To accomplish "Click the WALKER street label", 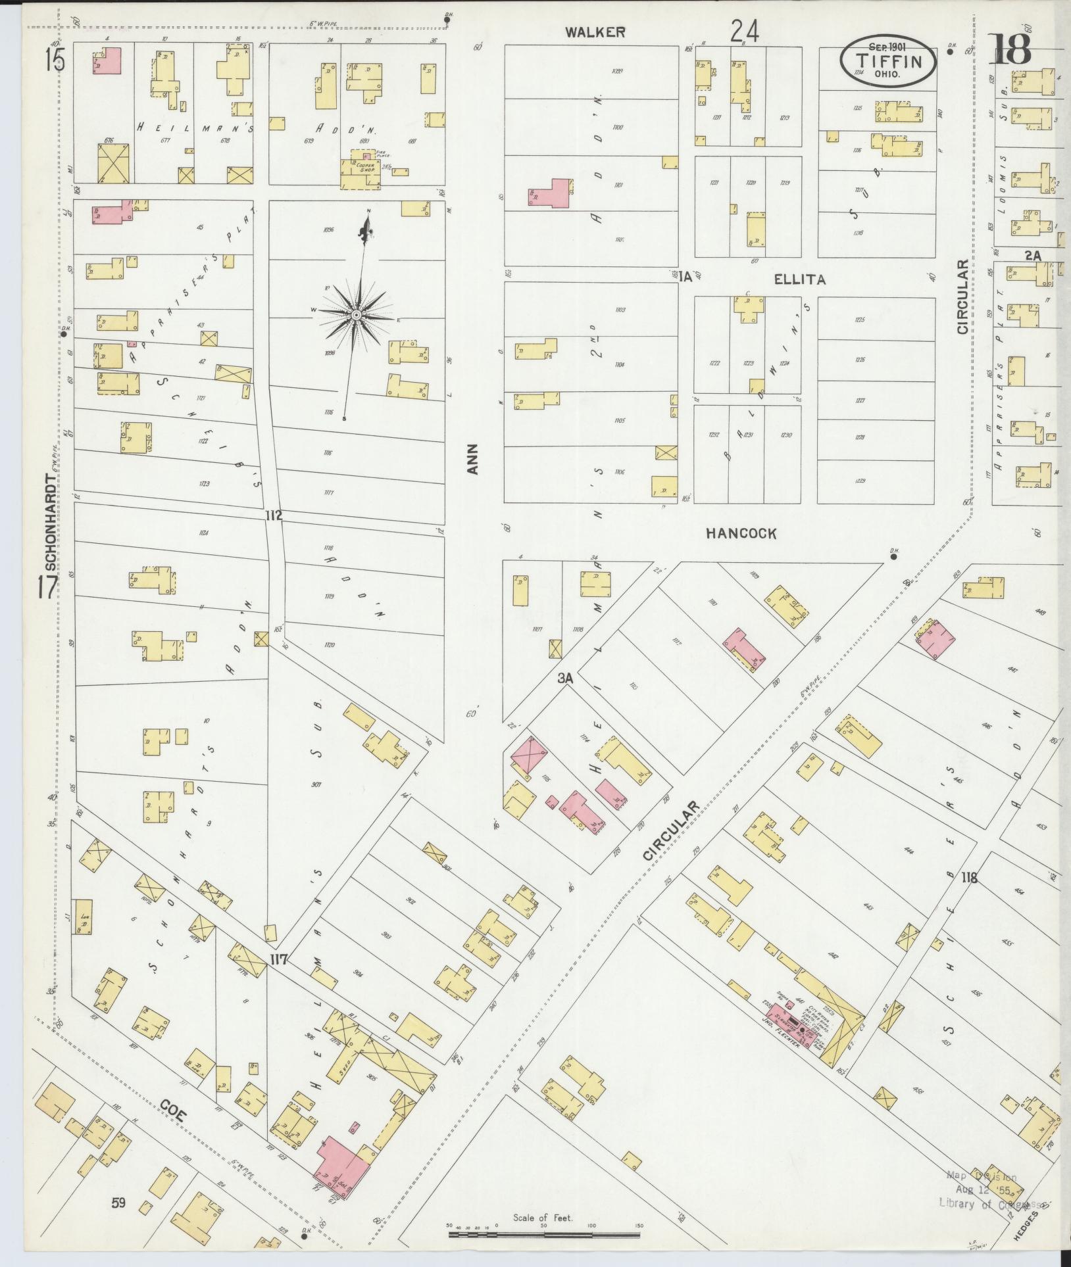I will pos(597,32).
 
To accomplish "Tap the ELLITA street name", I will pos(799,279).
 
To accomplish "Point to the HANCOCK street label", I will pos(741,534).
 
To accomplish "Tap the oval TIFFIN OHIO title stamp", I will pos(887,60).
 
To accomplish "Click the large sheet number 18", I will pos(1011,49).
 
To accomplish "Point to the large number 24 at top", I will pos(744,31).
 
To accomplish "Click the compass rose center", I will pos(356,316).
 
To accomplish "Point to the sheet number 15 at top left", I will pos(55,61).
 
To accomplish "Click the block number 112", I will pos(274,515).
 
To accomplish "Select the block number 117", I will pos(278,960).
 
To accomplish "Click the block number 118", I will pos(968,876).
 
